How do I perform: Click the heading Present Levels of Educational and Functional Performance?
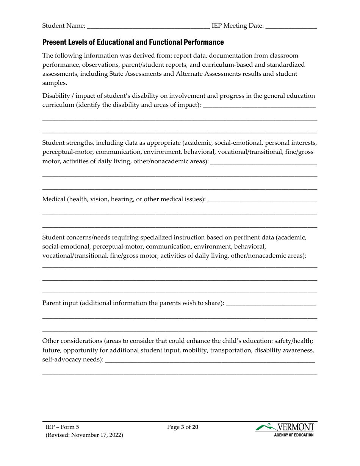(133, 42)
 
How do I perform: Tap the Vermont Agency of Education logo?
(285, 430)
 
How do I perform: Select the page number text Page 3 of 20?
(183, 427)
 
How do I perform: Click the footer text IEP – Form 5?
(63, 427)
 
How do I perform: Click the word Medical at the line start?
(53, 199)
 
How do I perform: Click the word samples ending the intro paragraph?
(54, 83)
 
